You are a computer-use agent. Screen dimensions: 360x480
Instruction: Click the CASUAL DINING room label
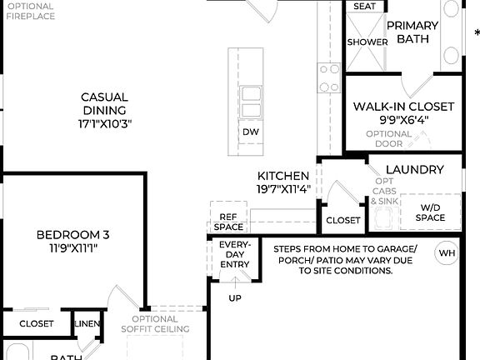104,103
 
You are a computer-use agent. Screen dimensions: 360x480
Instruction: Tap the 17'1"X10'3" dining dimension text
104,123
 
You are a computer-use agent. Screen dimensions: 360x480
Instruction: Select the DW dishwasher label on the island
251,132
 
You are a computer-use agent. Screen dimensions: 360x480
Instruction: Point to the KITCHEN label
283,176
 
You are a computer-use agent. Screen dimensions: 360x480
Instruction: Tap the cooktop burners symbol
329,78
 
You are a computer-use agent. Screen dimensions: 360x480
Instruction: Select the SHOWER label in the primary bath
367,42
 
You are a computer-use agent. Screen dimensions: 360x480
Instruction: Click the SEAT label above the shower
364,7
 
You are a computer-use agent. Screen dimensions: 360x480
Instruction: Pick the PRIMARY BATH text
412,32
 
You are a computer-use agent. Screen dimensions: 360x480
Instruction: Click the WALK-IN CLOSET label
404,107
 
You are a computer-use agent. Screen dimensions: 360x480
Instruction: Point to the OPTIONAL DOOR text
389,138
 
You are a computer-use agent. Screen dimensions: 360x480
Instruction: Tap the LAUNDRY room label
415,169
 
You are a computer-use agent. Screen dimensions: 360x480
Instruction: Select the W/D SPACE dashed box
431,212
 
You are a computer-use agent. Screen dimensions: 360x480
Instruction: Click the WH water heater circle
447,252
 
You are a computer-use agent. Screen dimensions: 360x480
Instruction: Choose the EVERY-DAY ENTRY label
234,255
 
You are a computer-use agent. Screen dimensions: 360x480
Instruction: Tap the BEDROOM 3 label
72,235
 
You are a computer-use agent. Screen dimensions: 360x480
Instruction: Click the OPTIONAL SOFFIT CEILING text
155,323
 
